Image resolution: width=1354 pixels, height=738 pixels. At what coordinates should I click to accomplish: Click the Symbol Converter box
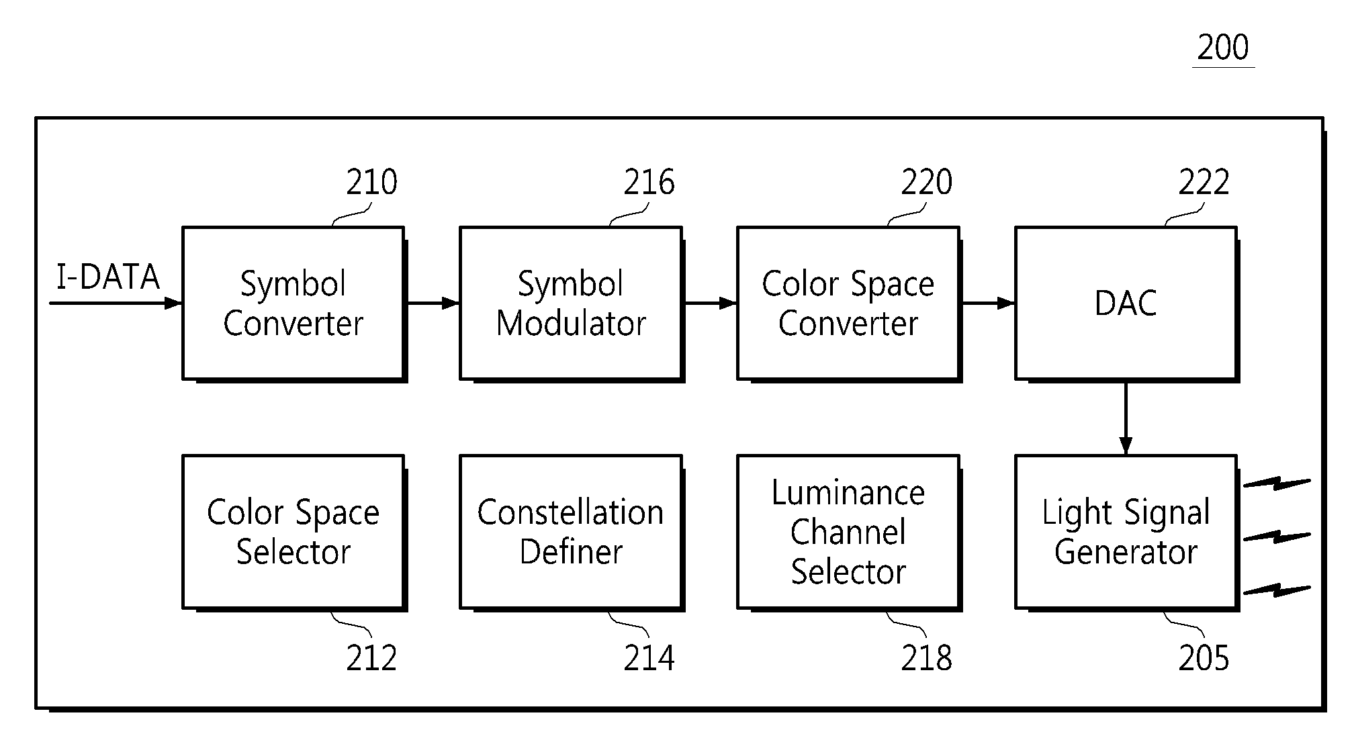(294, 304)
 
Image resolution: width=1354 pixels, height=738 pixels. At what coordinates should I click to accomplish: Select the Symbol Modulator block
(572, 304)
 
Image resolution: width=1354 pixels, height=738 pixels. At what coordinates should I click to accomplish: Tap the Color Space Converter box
(849, 304)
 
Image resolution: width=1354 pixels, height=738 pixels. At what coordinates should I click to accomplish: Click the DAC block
(1126, 304)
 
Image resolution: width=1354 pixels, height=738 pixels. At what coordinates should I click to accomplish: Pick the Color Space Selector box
(294, 533)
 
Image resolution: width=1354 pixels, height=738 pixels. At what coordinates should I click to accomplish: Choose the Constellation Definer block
(572, 533)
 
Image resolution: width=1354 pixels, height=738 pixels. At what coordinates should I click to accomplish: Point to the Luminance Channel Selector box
(849, 533)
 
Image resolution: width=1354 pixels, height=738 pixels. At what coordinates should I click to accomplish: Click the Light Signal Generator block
(1126, 533)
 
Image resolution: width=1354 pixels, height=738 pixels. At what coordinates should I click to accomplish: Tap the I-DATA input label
(108, 277)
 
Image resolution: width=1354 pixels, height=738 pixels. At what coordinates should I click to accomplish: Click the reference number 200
(1223, 48)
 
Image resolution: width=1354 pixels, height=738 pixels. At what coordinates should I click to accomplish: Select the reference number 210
(371, 182)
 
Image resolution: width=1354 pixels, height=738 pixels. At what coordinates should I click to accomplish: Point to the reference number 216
(649, 182)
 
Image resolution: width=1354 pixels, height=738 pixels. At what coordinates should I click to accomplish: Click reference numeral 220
(926, 182)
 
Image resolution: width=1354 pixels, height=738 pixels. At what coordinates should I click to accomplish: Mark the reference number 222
(1204, 182)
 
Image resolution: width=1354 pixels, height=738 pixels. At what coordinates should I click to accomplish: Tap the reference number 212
(371, 658)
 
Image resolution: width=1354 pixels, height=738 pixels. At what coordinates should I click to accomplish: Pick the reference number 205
(1204, 658)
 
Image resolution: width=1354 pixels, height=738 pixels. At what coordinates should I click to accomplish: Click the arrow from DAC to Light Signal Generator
(1126, 418)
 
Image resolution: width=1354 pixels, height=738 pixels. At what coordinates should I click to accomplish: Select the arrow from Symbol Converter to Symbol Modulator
(433, 303)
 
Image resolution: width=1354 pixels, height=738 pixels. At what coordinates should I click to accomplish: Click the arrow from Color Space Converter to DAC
(988, 303)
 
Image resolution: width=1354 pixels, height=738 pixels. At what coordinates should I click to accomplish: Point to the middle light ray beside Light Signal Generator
(1277, 537)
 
